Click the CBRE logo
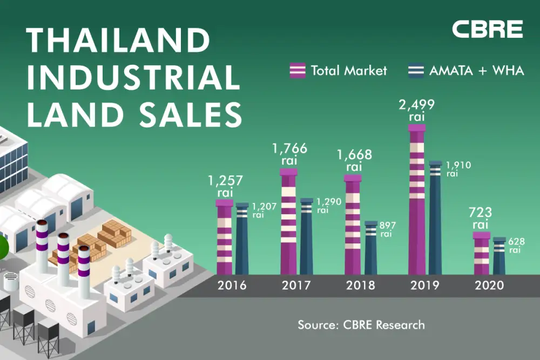click(487, 29)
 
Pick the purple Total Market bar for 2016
click(224, 237)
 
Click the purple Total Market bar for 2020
click(481, 254)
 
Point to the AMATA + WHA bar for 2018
click(370, 248)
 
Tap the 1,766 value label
click(289, 148)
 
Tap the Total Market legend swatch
click(298, 70)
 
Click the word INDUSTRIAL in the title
click(133, 77)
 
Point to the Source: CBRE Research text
click(361, 325)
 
